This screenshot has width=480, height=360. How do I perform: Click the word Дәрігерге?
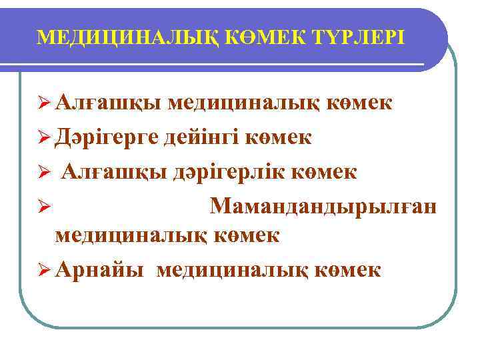pos(107,137)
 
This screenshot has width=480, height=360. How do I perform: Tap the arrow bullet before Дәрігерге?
pos(44,138)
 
